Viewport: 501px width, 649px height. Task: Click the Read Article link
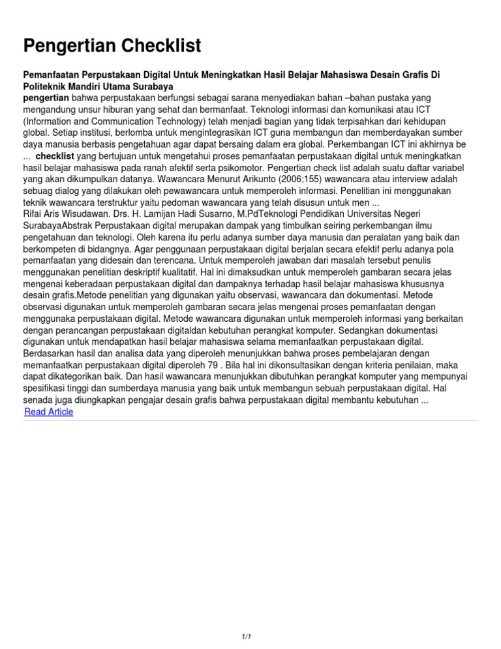(x=48, y=412)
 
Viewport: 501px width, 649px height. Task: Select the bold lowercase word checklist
(x=56, y=157)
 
